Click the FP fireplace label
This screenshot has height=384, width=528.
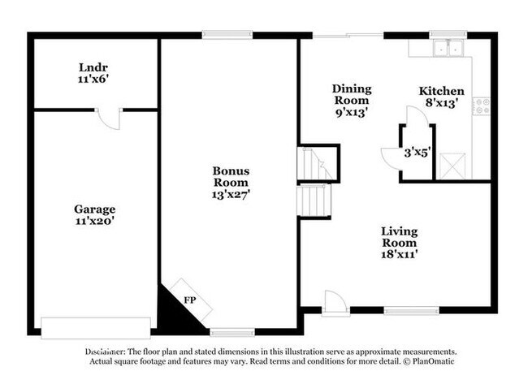[190, 300]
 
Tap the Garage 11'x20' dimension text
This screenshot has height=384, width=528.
[95, 222]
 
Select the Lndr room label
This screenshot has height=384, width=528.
[93, 67]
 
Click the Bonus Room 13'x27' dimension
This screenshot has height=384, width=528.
[231, 194]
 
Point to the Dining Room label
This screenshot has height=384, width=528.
[352, 94]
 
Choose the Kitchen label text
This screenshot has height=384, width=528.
[441, 91]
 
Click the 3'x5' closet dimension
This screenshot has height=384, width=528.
[418, 153]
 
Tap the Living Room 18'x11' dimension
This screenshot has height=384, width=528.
[400, 254]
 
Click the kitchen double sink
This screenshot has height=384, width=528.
[448, 48]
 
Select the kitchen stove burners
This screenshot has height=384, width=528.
[482, 106]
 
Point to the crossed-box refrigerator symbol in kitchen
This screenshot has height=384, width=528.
[452, 166]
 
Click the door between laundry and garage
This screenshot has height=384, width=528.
[109, 119]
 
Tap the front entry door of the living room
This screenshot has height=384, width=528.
[335, 303]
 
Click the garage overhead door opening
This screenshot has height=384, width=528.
[96, 328]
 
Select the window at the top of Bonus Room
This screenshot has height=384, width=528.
[227, 34]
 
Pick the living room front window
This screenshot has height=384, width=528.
[412, 311]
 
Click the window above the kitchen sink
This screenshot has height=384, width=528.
[448, 34]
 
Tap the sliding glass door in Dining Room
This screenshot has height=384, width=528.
[348, 35]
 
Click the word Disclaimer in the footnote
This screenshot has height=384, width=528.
[105, 352]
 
